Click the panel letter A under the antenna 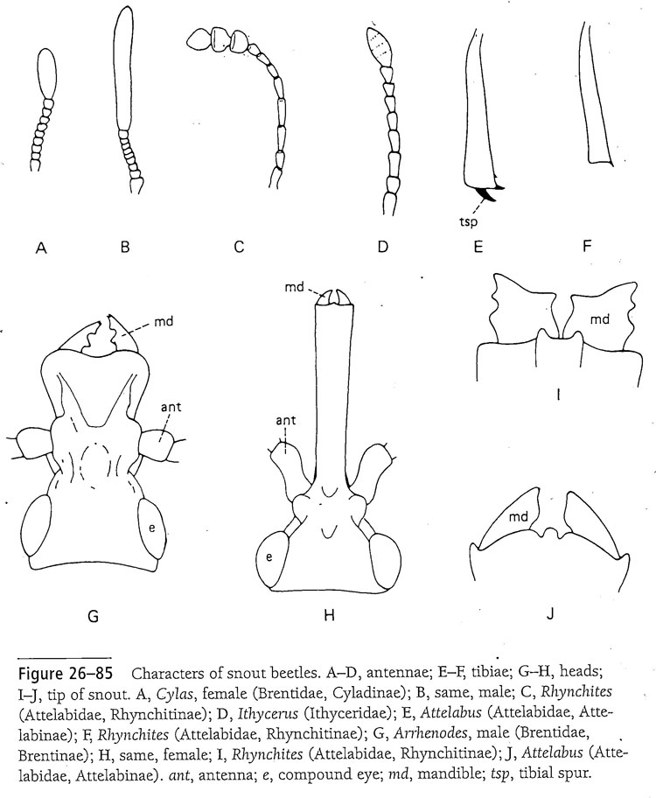(40, 248)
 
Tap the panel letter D (381, 248)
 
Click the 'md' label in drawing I (599, 319)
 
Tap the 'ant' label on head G (171, 406)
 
